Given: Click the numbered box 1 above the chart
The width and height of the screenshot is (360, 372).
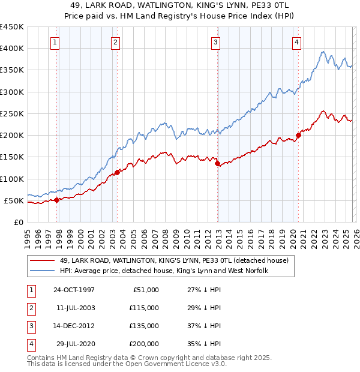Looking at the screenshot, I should tap(55, 42).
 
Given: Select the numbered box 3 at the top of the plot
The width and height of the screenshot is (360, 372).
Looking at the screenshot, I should tap(215, 42).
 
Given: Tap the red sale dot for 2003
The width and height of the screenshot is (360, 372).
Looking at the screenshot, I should tap(117, 172).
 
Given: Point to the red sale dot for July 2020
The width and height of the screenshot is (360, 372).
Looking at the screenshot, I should tap(298, 135).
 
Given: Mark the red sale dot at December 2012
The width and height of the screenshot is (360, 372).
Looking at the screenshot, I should tap(217, 163).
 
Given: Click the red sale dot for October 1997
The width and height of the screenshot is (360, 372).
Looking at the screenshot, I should tap(57, 200).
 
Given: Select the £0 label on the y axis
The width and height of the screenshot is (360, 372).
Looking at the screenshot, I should tap(18, 222).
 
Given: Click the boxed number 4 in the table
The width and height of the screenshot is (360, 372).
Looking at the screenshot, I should tap(29, 344).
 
